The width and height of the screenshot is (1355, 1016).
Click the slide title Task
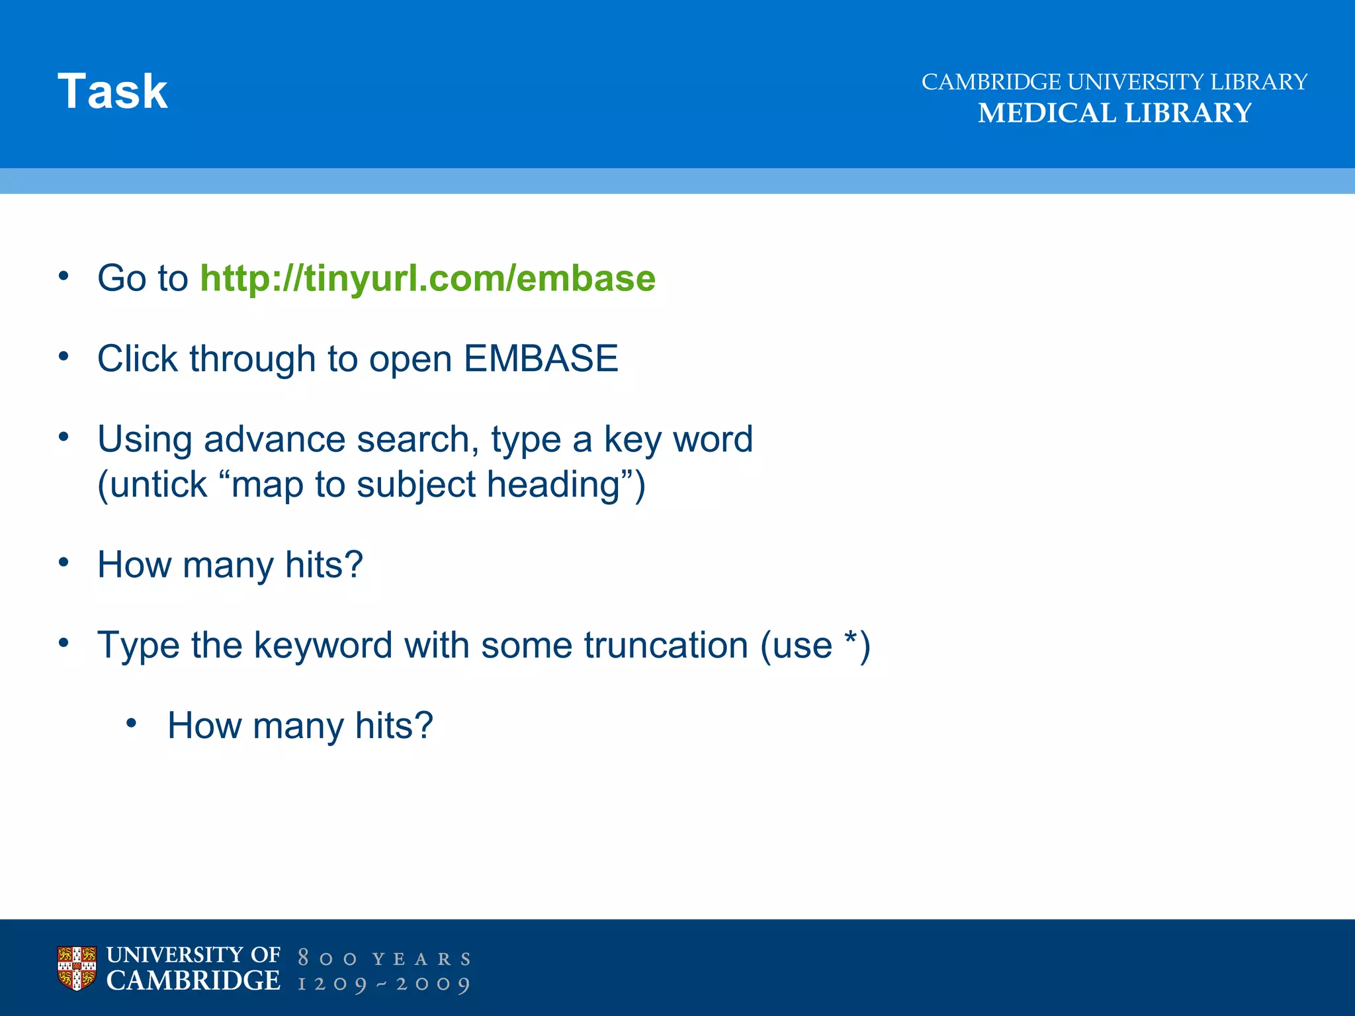point(112,91)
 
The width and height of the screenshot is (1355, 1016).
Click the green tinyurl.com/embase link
point(427,278)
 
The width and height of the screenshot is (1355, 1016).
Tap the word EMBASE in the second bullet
point(541,359)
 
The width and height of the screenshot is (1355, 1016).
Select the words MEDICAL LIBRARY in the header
point(1114,113)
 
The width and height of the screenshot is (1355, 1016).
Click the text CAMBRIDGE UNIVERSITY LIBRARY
point(1114,82)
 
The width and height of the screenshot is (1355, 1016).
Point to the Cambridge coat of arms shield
point(77,968)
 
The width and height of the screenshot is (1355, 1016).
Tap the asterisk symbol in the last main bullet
point(850,639)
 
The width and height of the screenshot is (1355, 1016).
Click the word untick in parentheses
point(158,484)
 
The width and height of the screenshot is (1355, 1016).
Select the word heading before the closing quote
point(553,484)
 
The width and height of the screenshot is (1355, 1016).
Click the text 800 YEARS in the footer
point(384,958)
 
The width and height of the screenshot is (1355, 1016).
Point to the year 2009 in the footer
point(433,984)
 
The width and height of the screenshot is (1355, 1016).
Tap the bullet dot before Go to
point(64,276)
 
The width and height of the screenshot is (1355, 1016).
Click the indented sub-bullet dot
point(132,724)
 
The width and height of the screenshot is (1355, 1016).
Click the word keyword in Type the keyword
point(323,646)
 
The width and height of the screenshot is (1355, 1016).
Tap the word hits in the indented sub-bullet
point(393,726)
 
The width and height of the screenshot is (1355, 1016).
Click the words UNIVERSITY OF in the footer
point(193,955)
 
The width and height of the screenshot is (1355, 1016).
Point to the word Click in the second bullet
point(137,359)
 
